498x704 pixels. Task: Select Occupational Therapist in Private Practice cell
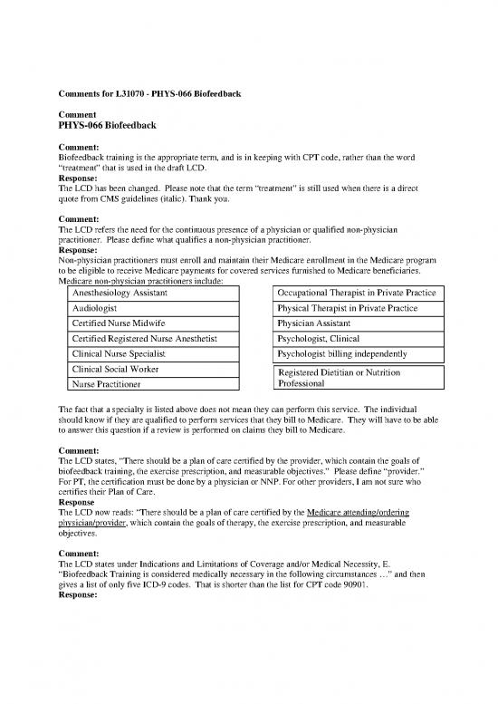[x=358, y=294]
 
